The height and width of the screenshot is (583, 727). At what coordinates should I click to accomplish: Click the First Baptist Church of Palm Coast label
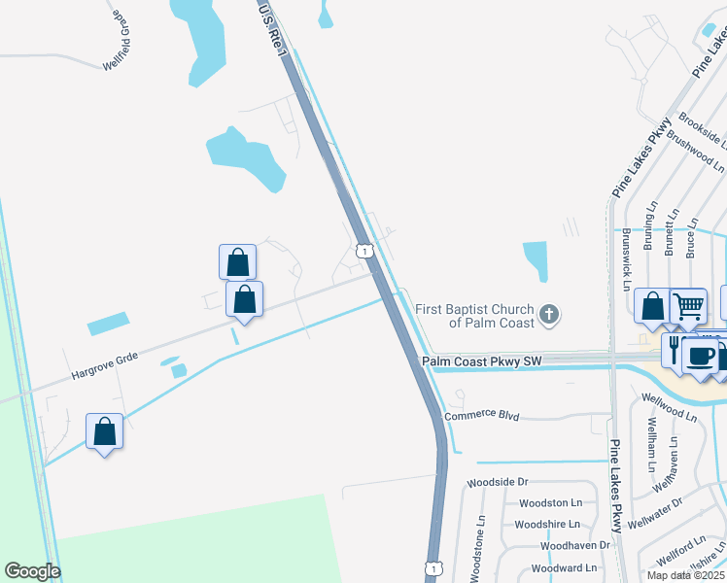(474, 316)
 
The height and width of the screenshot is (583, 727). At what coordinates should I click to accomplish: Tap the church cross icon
(549, 314)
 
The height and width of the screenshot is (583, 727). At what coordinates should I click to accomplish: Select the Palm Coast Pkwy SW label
(480, 361)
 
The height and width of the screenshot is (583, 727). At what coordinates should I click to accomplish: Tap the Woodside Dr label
(497, 481)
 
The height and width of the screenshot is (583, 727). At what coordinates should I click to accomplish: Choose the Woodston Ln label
(550, 502)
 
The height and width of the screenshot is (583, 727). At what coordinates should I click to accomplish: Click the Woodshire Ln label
(548, 524)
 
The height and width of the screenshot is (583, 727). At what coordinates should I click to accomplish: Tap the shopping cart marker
(688, 306)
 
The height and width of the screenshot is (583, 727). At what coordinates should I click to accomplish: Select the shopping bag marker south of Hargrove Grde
(104, 430)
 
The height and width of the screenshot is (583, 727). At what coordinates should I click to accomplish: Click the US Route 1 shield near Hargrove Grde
(363, 251)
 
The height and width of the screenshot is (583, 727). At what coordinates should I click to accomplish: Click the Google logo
(32, 571)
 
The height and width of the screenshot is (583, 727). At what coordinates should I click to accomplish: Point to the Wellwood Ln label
(670, 406)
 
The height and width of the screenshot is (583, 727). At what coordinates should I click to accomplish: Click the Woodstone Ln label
(477, 549)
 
